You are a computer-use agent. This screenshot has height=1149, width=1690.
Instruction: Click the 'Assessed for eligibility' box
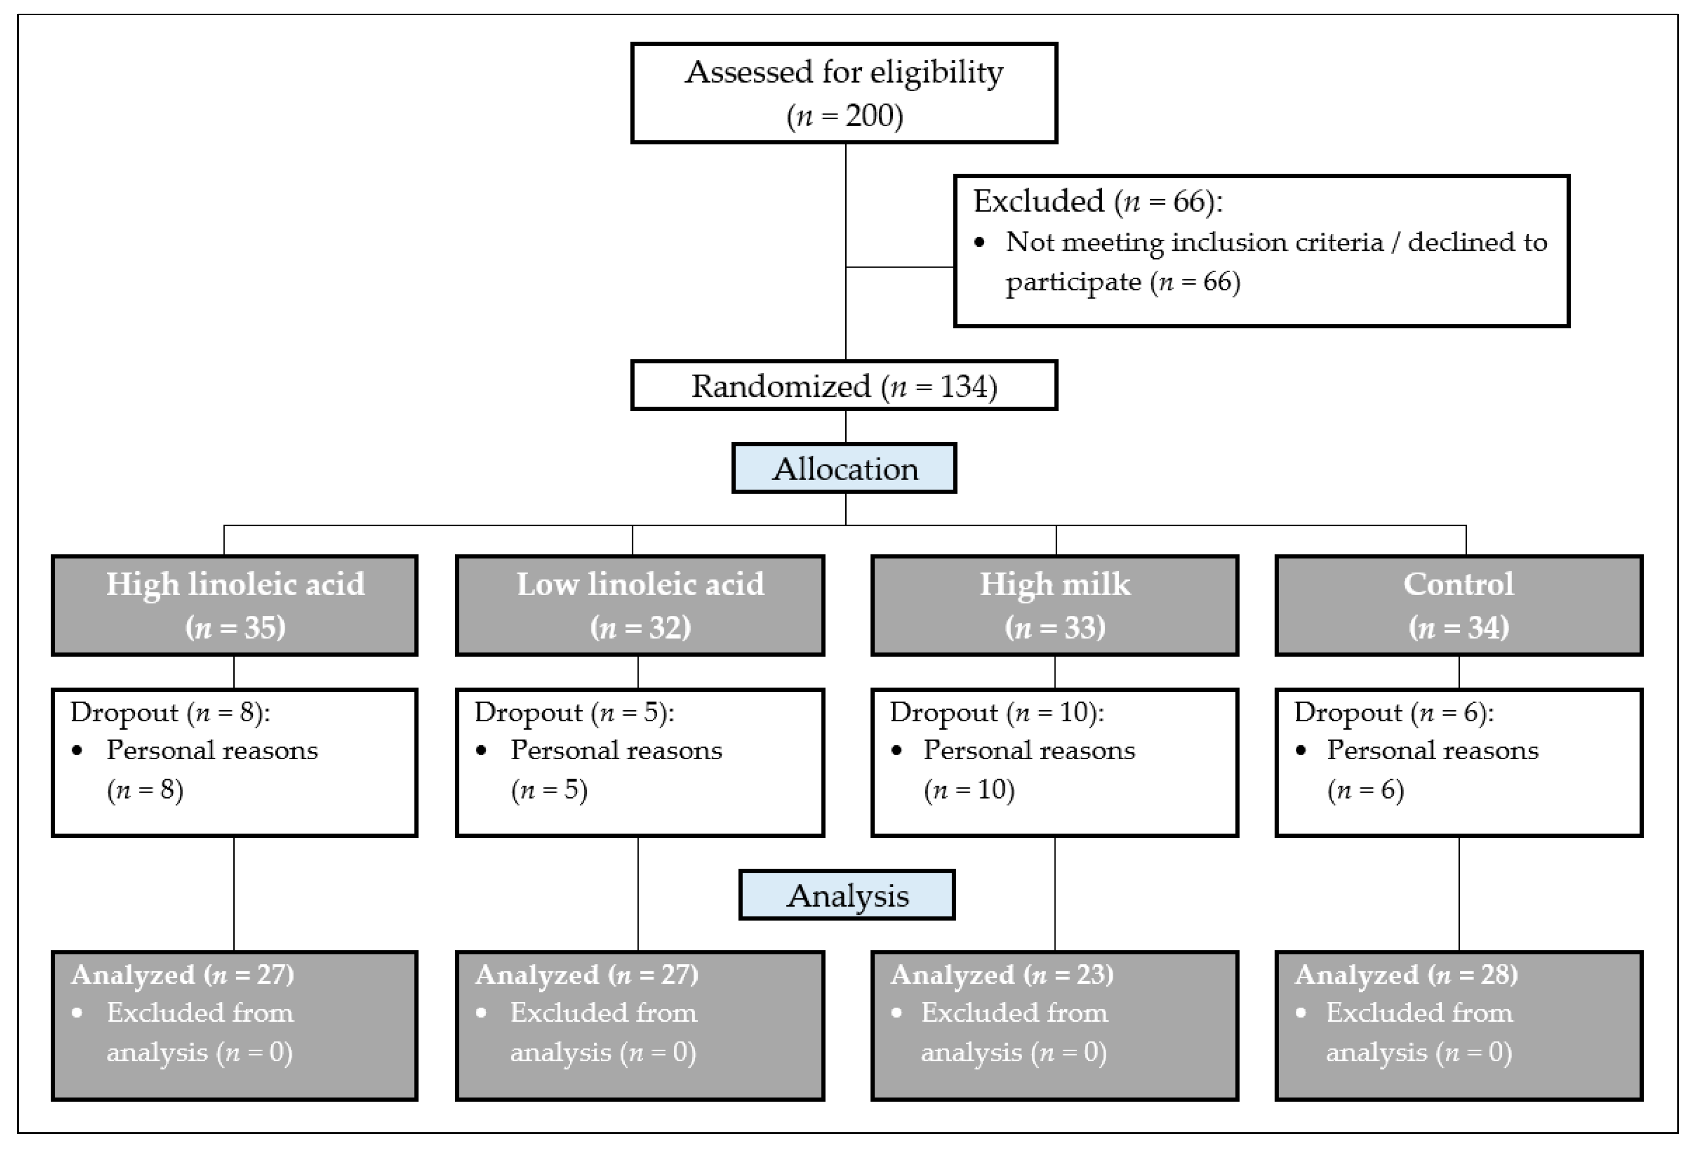tap(844, 93)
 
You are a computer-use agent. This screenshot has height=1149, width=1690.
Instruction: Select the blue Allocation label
tap(844, 469)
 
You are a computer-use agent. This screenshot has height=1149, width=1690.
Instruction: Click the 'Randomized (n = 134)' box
tap(844, 385)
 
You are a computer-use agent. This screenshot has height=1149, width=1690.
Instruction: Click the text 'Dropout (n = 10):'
tap(996, 712)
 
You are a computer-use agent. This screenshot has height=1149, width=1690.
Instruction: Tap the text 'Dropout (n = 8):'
tap(169, 712)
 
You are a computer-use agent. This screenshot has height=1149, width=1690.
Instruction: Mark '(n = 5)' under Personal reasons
tap(549, 790)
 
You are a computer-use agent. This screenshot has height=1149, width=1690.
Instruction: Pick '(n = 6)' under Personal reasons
tap(1365, 790)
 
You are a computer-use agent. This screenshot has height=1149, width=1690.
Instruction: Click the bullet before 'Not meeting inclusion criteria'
tap(980, 243)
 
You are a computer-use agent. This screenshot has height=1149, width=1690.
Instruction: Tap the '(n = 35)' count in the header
tap(235, 627)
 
